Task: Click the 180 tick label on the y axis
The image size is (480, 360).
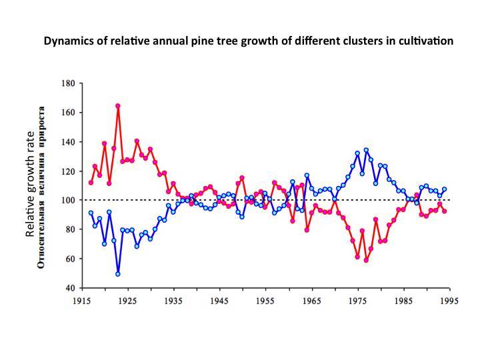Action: [67, 83]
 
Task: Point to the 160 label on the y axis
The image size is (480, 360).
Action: [67, 113]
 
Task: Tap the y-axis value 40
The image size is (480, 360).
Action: [69, 288]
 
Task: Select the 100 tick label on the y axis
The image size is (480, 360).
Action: [67, 200]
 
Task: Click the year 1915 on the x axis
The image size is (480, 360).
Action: [81, 301]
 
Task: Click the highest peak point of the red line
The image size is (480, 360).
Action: [118, 105]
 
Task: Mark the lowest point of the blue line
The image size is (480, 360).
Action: [118, 274]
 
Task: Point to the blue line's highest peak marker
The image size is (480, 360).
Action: [366, 150]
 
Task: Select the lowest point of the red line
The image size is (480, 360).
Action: [366, 260]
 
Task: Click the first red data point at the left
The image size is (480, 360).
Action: [91, 183]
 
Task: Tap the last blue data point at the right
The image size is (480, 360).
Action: [445, 189]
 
